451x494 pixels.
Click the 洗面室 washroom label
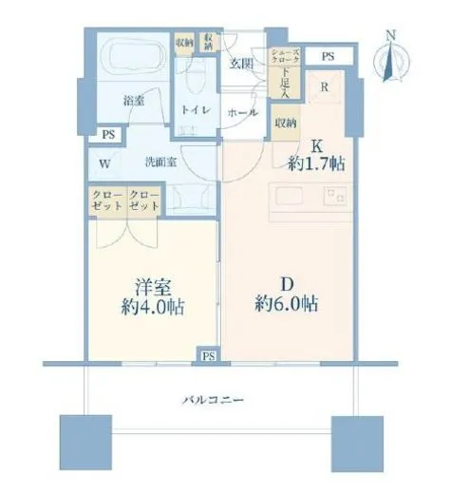click(159, 161)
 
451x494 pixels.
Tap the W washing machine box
click(103, 162)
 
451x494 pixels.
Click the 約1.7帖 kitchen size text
click(316, 163)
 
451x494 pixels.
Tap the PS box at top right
click(328, 57)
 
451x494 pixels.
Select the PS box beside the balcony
click(207, 355)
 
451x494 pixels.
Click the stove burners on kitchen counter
click(333, 198)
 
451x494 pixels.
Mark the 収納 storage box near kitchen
click(285, 123)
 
